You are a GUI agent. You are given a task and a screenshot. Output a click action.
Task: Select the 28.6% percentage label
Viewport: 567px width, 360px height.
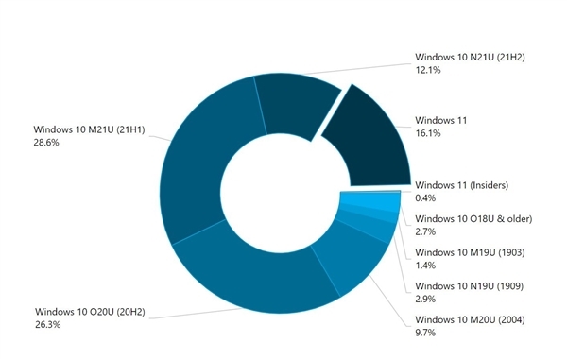point(47,143)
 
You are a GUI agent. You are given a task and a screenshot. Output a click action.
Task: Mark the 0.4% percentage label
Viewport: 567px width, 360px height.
point(426,197)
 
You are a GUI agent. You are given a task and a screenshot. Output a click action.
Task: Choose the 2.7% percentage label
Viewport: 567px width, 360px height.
point(426,232)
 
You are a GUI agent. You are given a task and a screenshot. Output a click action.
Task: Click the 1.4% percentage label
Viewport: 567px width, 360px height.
point(426,267)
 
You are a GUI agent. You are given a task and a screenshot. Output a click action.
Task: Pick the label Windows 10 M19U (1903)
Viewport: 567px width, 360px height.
point(470,253)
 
